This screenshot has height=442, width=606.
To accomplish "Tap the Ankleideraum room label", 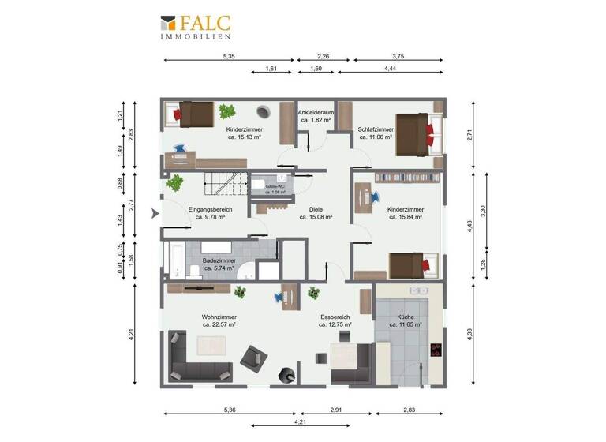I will pyautogui.click(x=316, y=116).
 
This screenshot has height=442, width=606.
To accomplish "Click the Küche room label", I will pyautogui.click(x=405, y=320).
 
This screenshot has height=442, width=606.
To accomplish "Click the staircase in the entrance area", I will pyautogui.click(x=223, y=185).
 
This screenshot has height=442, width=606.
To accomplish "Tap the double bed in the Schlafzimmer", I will pyautogui.click(x=415, y=132).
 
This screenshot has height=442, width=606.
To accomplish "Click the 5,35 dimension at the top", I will pyautogui.click(x=229, y=57).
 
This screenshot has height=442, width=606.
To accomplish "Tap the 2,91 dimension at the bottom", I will pyautogui.click(x=335, y=410).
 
